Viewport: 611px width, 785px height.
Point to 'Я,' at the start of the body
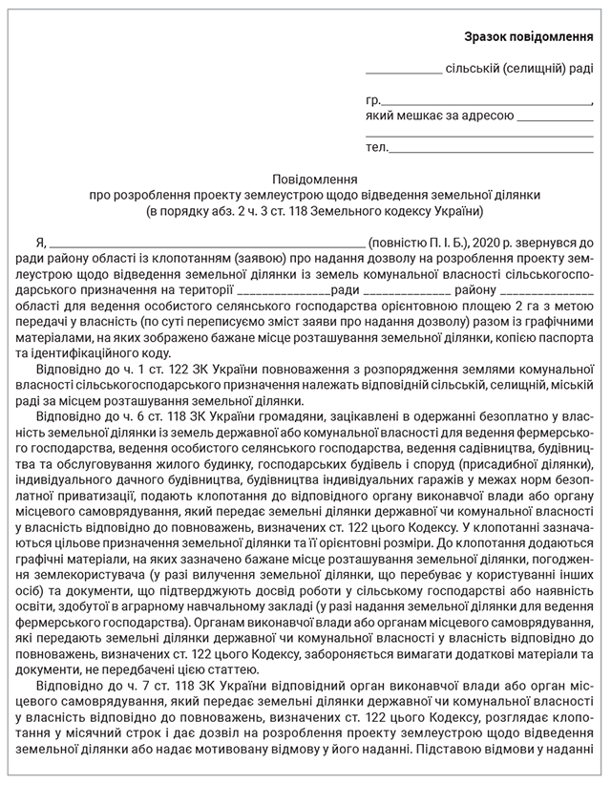[x=40, y=243]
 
